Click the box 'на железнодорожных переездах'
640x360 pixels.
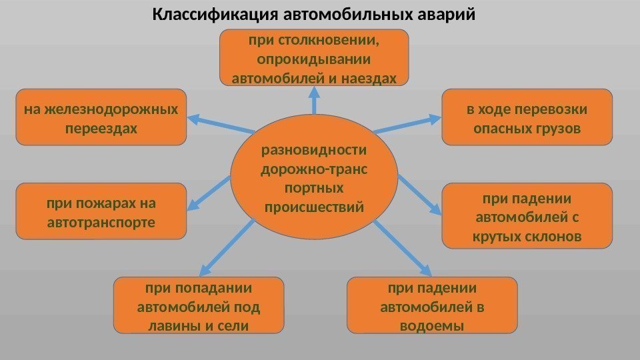tap(101, 117)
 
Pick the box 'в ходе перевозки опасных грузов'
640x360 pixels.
tap(527, 117)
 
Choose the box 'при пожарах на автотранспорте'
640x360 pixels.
tap(101, 211)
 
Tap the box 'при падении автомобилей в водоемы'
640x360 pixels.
tap(432, 306)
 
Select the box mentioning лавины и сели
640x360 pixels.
tap(199, 306)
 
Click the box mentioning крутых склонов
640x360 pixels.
tap(527, 216)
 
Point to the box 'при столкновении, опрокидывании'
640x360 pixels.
tap(314, 59)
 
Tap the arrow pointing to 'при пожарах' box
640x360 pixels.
tap(209, 193)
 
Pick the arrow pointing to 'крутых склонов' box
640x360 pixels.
tap(420, 194)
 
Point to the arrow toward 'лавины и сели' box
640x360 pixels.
tap(227, 247)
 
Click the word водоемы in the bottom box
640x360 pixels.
tap(432, 326)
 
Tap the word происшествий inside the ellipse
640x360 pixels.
tap(315, 207)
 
